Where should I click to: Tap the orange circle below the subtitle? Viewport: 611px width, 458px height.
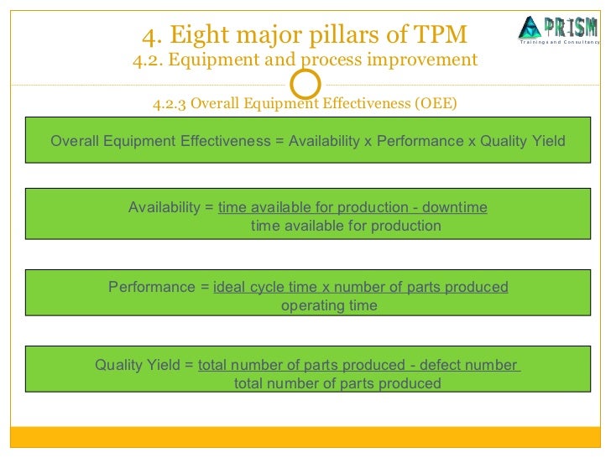coord(305,83)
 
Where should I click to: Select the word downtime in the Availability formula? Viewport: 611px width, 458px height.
coord(454,208)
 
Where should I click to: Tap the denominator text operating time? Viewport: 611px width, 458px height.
coord(329,305)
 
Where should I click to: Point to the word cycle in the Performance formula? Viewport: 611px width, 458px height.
coord(272,287)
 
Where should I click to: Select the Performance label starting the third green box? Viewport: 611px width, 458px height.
coord(152,287)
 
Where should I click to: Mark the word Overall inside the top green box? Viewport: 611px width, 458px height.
coord(75,141)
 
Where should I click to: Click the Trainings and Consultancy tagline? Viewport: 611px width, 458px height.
coord(559,42)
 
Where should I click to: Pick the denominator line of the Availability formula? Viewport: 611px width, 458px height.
coord(346,226)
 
